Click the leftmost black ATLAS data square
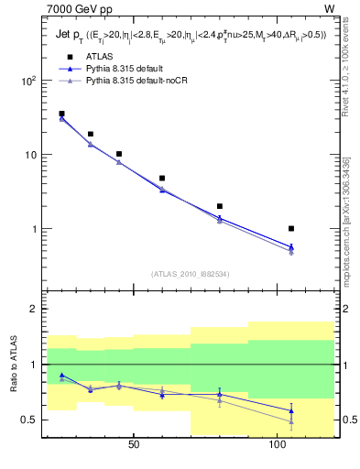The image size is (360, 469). (x=61, y=114)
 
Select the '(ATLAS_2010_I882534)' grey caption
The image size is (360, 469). (x=190, y=273)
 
